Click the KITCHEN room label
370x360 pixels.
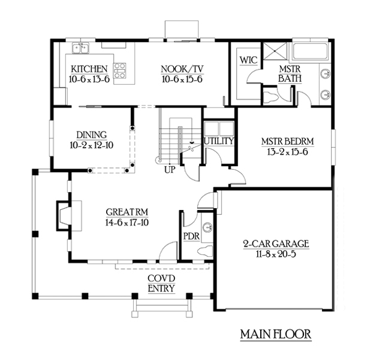[x=89, y=69]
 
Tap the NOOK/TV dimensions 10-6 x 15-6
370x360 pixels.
[x=182, y=79]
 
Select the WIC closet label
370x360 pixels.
[x=249, y=60]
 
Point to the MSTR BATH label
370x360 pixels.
[x=290, y=73]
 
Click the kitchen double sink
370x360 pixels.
[x=81, y=48]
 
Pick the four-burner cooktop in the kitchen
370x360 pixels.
[x=120, y=70]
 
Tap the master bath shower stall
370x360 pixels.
[x=275, y=51]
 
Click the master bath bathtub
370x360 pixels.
[x=310, y=51]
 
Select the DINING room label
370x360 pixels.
[x=91, y=135]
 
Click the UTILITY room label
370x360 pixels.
[x=219, y=141]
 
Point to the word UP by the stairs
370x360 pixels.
[x=170, y=170]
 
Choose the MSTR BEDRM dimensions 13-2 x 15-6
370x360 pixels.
[x=287, y=152]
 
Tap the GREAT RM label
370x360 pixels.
[x=127, y=212]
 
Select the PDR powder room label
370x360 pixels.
[x=191, y=237]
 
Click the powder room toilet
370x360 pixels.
[x=205, y=250]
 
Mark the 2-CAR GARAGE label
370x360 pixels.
[x=276, y=244]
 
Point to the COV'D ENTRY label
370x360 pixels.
[x=162, y=283]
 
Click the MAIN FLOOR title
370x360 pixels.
[x=276, y=334]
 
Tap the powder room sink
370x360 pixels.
[x=208, y=228]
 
